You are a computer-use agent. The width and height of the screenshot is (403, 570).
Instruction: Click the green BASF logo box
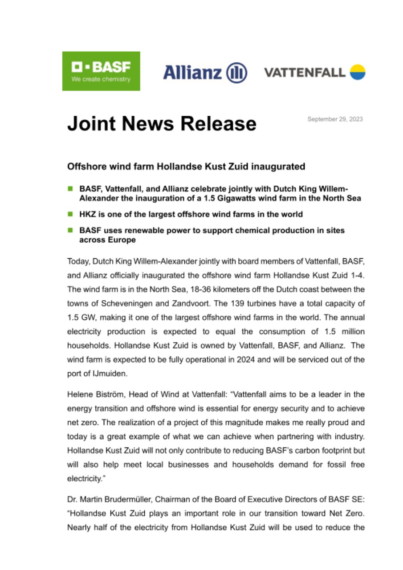(x=101, y=71)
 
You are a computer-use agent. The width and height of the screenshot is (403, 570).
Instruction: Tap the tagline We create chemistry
(x=101, y=79)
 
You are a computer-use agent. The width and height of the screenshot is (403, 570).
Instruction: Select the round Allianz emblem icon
(x=236, y=72)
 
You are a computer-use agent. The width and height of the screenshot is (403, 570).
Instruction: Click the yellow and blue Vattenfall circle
(x=358, y=72)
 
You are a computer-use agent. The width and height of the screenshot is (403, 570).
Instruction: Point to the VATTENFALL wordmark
(x=305, y=72)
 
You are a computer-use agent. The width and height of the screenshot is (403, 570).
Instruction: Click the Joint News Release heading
(x=162, y=123)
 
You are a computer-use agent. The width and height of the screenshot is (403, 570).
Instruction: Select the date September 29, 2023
(x=335, y=119)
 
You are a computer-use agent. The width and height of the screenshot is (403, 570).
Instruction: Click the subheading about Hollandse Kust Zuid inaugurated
(x=186, y=167)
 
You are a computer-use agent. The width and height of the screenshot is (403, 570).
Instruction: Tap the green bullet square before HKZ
(x=70, y=214)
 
